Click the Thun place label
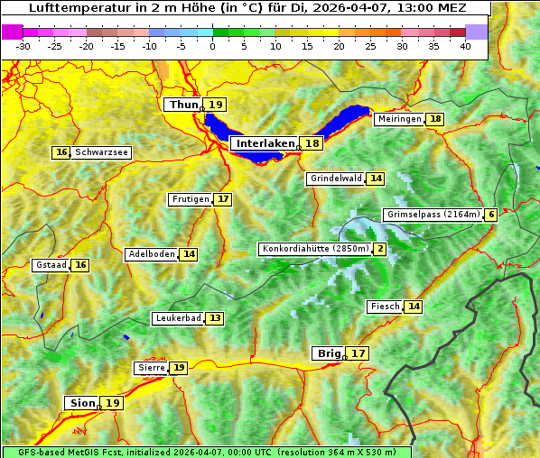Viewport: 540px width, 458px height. point(183,105)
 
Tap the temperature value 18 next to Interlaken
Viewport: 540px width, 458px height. point(312,143)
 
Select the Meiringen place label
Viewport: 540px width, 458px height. point(399,119)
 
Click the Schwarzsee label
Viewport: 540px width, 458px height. point(102,152)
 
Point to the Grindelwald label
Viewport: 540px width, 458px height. point(336,179)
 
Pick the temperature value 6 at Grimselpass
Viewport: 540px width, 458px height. point(490,215)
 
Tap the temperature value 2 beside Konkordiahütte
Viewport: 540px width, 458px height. point(379,249)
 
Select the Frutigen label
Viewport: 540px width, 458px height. point(191,199)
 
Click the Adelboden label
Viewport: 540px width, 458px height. point(151,254)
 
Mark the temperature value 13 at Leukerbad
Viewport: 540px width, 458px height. point(214,318)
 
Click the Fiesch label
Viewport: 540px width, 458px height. point(385,307)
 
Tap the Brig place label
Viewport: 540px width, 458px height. point(326,353)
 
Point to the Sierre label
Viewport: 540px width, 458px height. point(150,368)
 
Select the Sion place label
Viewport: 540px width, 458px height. point(80,403)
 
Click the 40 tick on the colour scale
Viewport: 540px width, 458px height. point(465,46)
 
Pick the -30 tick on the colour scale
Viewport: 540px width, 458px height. point(23,46)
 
